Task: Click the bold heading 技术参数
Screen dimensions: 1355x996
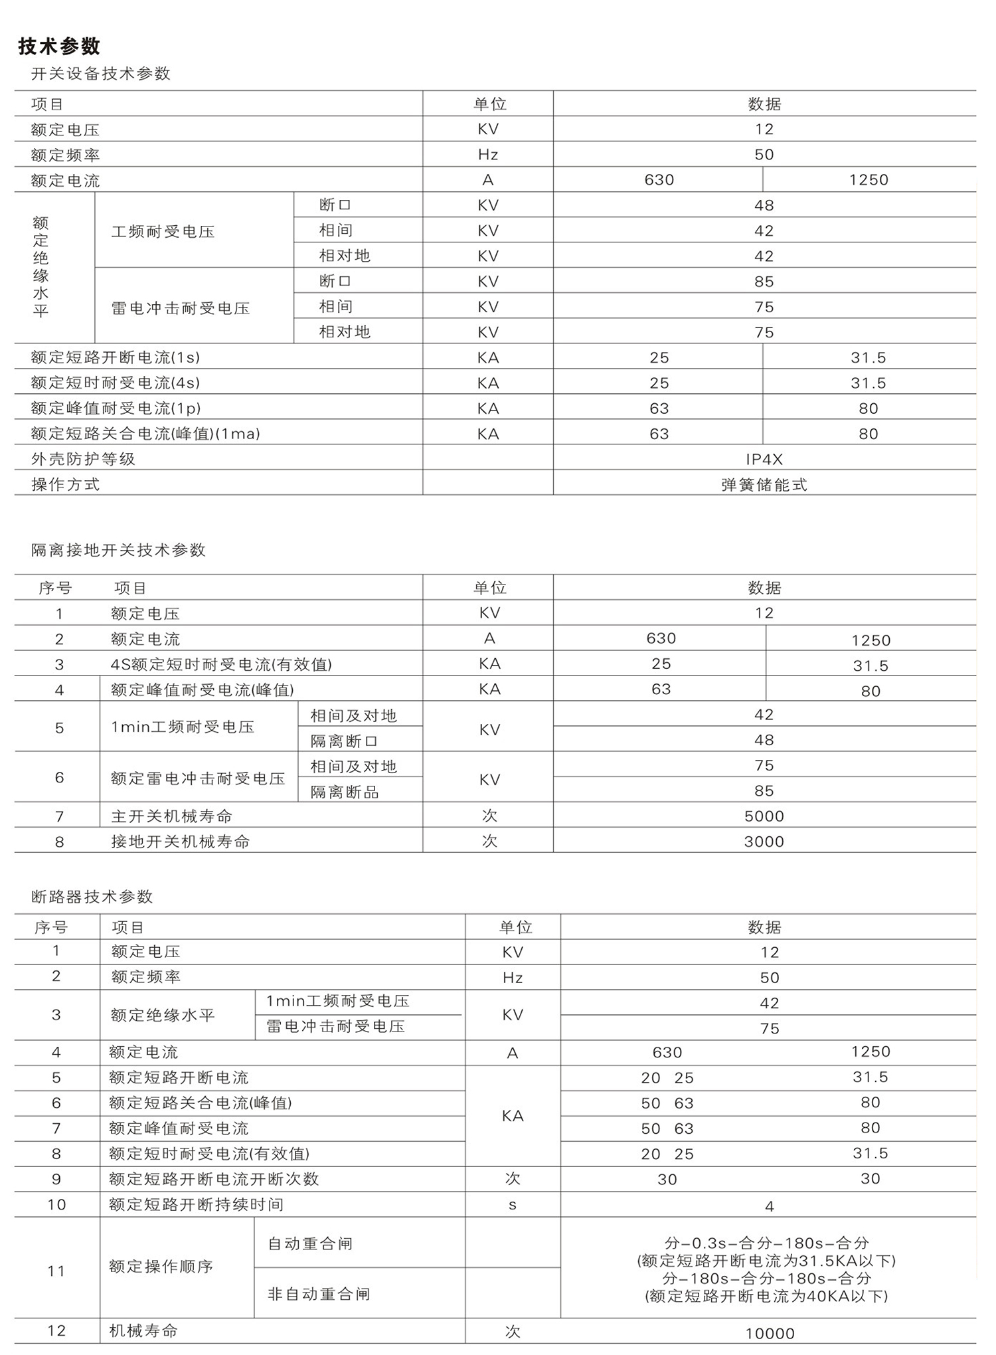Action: [59, 46]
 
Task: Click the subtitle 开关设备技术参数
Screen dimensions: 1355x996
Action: [101, 74]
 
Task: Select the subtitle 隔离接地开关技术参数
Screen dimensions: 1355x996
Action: [118, 550]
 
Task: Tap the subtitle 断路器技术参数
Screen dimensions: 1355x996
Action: [92, 897]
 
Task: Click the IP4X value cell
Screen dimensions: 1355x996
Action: [764, 459]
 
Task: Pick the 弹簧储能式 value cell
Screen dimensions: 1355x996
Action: [764, 485]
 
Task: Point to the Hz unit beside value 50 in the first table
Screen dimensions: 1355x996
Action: [488, 155]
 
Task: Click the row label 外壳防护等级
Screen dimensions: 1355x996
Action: [83, 459]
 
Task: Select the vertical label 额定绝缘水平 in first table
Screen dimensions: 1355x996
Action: [41, 267]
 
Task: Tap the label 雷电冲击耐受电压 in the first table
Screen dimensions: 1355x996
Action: [181, 308]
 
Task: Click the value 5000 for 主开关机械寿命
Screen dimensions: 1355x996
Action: [764, 816]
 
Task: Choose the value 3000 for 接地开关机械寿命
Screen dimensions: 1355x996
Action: [764, 842]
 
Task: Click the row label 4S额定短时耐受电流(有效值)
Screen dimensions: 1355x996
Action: [221, 664]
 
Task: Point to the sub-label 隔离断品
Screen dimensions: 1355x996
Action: [345, 792]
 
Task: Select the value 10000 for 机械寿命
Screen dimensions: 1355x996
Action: [770, 1334]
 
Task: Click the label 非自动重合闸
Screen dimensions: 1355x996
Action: [319, 1294]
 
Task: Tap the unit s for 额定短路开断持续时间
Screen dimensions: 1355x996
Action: [513, 1205]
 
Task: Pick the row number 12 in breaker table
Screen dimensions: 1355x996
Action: [56, 1331]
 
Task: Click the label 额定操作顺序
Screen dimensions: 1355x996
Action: [161, 1267]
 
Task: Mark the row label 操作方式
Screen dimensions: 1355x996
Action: [65, 485]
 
